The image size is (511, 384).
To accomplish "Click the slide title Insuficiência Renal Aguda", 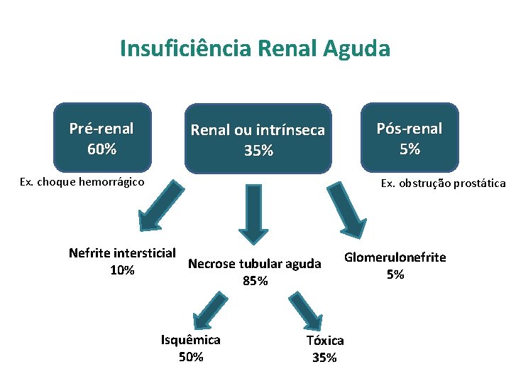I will click(x=255, y=48).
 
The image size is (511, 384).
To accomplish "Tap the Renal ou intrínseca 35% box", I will click(x=258, y=139).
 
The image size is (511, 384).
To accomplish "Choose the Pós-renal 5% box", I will click(x=409, y=139).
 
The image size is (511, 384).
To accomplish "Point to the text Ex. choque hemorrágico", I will click(x=82, y=181).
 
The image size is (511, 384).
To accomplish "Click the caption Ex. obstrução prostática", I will click(x=443, y=183).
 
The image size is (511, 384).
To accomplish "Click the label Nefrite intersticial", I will click(x=122, y=253).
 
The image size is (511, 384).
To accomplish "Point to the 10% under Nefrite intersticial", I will click(x=122, y=270).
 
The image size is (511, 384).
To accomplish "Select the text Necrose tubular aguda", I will click(x=255, y=264).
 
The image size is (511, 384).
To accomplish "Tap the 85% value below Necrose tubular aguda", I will click(x=255, y=281).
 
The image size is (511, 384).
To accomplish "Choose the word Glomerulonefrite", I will click(x=395, y=257).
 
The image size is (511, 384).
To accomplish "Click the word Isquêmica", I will click(x=191, y=340).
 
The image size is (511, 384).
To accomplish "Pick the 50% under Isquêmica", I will click(x=191, y=356).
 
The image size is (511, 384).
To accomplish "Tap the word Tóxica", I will click(x=325, y=341).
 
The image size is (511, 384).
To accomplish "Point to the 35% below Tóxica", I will click(x=324, y=358).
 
